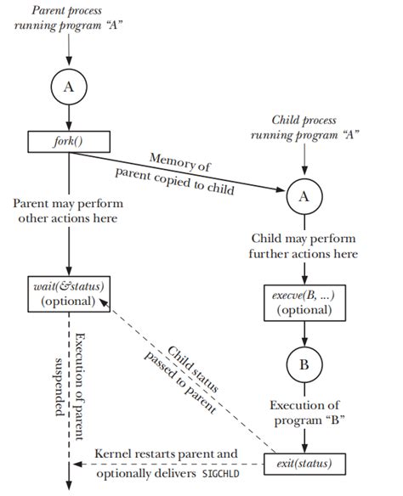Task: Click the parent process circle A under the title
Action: point(69,86)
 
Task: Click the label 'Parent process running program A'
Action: point(69,19)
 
